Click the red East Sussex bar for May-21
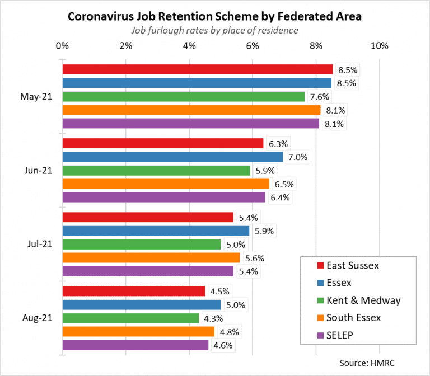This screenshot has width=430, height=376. (197, 69)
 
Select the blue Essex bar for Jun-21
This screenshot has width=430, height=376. (172, 157)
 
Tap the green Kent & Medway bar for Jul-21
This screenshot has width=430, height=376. (141, 245)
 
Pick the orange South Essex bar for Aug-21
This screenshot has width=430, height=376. (138, 332)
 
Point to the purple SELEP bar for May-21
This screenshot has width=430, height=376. (190, 123)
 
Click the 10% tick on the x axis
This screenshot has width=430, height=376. (380, 45)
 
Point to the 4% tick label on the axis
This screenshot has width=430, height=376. (189, 45)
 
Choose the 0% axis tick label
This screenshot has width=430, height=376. (62, 45)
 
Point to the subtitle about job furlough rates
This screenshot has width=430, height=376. (214, 30)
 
